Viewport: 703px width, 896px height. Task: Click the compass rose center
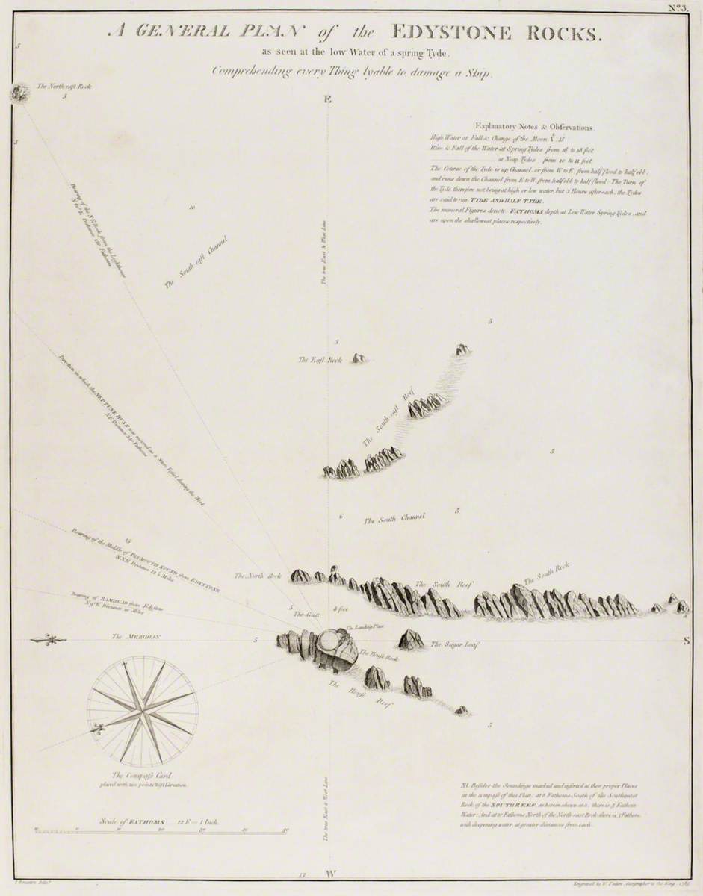[x=143, y=712]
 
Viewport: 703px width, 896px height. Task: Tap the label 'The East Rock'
[x=320, y=360]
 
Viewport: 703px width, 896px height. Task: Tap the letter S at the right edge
[x=687, y=640]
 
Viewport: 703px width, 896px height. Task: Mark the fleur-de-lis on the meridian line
[x=49, y=639]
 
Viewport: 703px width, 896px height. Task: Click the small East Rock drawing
[x=359, y=358]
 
